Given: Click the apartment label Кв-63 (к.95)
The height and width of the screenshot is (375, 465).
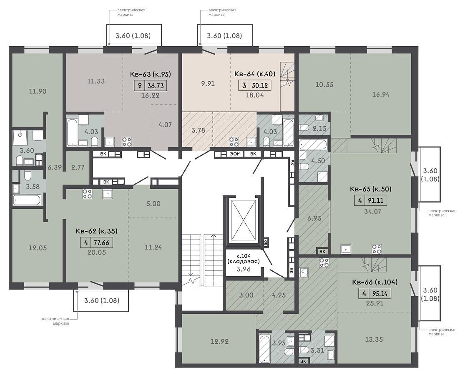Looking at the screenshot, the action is click(x=151, y=74).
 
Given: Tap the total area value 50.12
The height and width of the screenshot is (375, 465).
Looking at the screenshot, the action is click(x=259, y=85).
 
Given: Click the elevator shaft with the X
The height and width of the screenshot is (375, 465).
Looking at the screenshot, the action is click(x=243, y=220).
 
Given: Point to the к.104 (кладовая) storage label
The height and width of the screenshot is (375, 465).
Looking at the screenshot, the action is click(x=244, y=258).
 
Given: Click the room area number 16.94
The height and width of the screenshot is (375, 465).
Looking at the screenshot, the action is click(x=381, y=95).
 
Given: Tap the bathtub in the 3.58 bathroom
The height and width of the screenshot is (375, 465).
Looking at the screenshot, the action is click(x=27, y=200).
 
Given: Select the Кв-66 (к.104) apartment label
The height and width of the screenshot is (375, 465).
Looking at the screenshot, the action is click(x=375, y=282).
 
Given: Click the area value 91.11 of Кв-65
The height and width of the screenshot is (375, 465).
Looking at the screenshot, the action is click(x=375, y=200).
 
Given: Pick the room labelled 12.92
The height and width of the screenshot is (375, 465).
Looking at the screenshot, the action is click(x=220, y=342).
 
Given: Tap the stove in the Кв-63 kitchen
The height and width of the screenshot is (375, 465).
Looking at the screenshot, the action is click(x=128, y=142).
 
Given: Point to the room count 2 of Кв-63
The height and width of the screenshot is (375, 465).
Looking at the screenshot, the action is click(x=139, y=85).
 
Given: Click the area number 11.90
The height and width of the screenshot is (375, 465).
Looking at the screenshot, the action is click(x=38, y=91).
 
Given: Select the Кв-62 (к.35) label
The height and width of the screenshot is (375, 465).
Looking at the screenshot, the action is click(x=97, y=231).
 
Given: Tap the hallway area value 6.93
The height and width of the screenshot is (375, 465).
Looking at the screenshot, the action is click(x=314, y=218).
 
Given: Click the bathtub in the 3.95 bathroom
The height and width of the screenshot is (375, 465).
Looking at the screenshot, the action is click(x=264, y=349).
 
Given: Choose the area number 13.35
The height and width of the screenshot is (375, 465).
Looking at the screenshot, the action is click(x=374, y=339).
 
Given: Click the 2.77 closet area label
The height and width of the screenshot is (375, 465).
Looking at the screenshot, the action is click(x=78, y=167).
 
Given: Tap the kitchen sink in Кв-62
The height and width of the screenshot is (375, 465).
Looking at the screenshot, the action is click(x=107, y=194).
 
